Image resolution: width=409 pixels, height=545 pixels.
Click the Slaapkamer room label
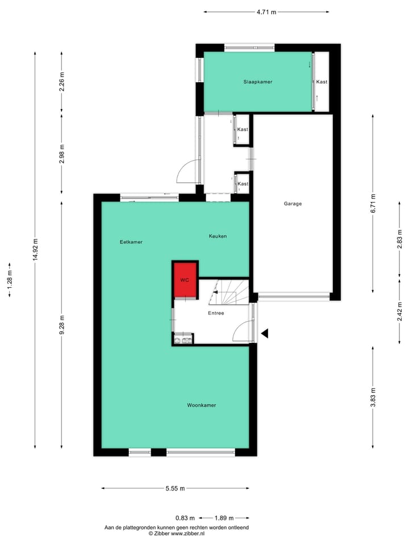click(257, 82)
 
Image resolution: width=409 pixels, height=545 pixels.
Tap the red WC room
click(185, 280)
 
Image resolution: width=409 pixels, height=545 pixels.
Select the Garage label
click(293, 204)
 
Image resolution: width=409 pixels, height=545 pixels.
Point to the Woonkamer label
click(202, 405)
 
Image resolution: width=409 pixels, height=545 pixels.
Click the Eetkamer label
click(131, 242)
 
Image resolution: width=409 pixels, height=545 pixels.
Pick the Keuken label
click(218, 236)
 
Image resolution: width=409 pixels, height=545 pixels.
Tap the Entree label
click(216, 313)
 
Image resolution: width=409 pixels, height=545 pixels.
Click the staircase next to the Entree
click(230, 291)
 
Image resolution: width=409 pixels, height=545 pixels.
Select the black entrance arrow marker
click(265, 334)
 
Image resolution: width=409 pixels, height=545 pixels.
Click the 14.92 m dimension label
click(35, 249)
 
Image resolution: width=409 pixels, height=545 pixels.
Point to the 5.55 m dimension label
click(175, 488)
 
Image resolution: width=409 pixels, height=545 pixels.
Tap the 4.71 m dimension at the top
click(266, 12)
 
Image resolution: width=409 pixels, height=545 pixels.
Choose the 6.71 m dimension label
click(373, 204)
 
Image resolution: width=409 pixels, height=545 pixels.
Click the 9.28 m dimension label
click(62, 324)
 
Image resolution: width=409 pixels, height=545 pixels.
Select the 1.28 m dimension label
click(10, 279)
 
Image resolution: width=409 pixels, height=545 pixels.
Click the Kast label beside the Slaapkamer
click(322, 82)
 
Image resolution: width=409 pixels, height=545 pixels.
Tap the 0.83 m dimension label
click(185, 518)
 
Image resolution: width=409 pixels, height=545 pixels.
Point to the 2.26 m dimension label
click(62, 82)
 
